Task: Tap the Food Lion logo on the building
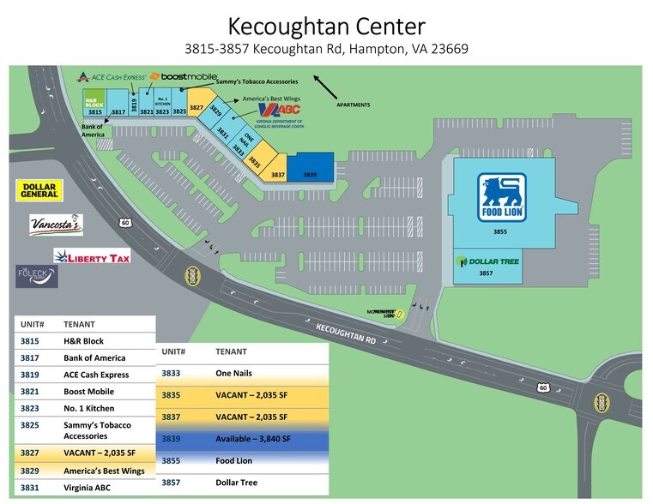pyautogui.click(x=502, y=198)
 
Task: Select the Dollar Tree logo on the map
pyautogui.click(x=488, y=261)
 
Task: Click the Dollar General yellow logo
pyautogui.click(x=39, y=190)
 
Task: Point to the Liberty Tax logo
pyautogui.click(x=92, y=255)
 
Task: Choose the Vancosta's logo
pyautogui.click(x=56, y=225)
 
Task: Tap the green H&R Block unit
pyautogui.click(x=94, y=102)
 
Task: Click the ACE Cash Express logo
pyautogui.click(x=112, y=77)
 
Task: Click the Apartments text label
pyautogui.click(x=354, y=105)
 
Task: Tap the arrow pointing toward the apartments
pyautogui.click(x=324, y=85)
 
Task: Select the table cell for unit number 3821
pyautogui.click(x=31, y=392)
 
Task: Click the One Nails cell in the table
pyautogui.click(x=233, y=374)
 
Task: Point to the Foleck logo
pyautogui.click(x=36, y=277)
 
